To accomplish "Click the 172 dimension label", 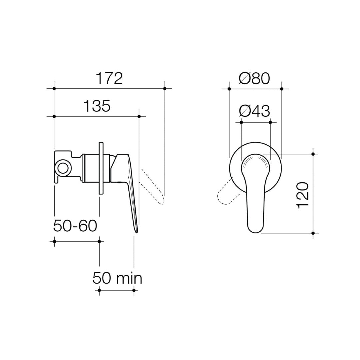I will (x=109, y=79).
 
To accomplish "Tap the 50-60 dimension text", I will (x=75, y=226).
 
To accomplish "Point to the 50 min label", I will (x=117, y=278).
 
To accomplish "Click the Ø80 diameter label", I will (x=254, y=79).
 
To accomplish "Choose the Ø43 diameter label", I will (x=255, y=111).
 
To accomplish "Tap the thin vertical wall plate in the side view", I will (x=100, y=168).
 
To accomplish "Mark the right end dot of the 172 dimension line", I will (x=165, y=88).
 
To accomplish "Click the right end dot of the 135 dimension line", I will (x=139, y=116).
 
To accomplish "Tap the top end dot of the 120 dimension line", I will (x=313, y=154).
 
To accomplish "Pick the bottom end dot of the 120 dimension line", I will (x=313, y=233).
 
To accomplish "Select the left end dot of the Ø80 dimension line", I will (x=229, y=89).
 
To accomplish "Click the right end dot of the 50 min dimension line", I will (x=134, y=290).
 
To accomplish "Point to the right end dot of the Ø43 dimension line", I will (x=270, y=122).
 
